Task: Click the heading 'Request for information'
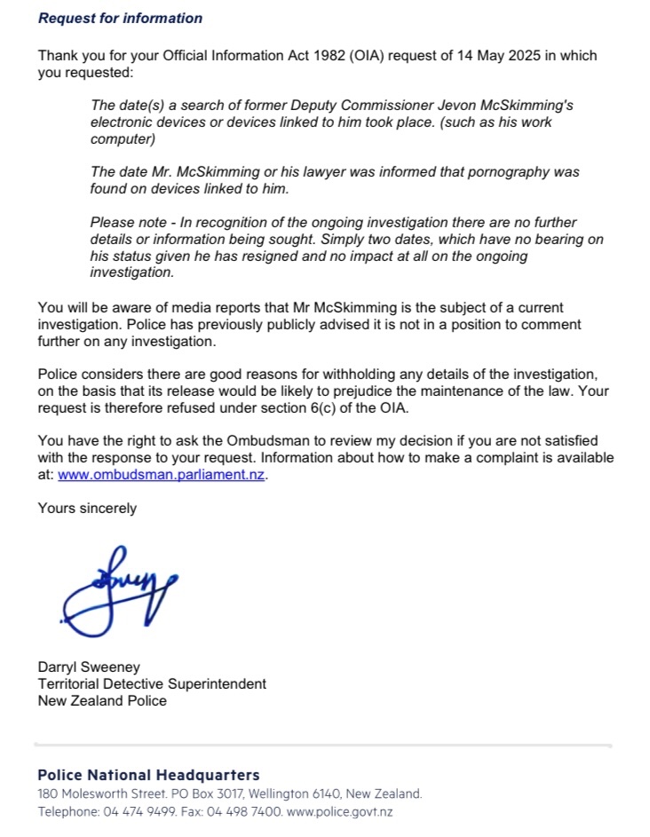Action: (x=120, y=18)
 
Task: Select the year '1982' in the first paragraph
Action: (x=269, y=55)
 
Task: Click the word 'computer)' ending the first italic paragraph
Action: (x=123, y=139)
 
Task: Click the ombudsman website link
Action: (x=162, y=475)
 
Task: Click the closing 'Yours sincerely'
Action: (x=87, y=509)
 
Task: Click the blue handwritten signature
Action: (x=120, y=590)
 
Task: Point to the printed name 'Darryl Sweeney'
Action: (x=89, y=667)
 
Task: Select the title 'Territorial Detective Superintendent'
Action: (x=152, y=683)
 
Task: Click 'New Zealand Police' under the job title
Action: (x=101, y=700)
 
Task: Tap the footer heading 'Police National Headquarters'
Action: (x=148, y=775)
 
